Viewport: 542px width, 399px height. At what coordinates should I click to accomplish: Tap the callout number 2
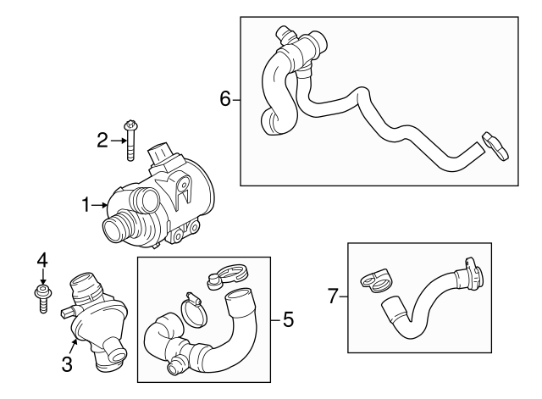102,141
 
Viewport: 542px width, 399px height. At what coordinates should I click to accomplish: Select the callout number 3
67,365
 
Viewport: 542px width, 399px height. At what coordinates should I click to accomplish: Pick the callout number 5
289,320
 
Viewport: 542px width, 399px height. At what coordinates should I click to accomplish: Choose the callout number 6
225,100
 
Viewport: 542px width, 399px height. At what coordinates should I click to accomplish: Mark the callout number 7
333,296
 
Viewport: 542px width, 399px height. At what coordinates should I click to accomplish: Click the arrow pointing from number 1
100,204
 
